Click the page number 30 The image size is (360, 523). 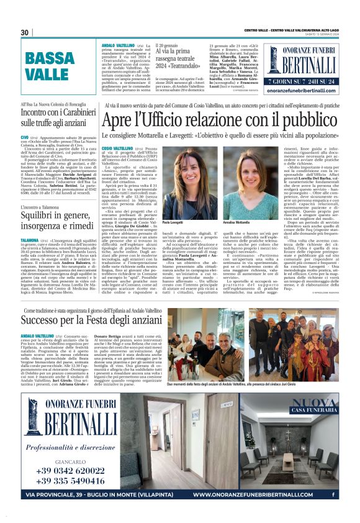[x=25, y=32]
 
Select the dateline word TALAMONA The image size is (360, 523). [x=30, y=239]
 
